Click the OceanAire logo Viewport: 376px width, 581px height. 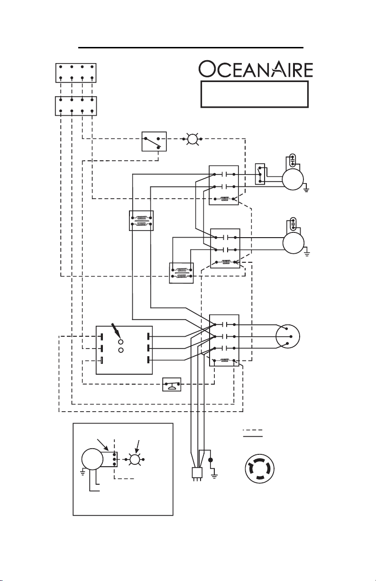click(256, 69)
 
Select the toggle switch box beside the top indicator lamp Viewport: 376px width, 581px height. click(154, 141)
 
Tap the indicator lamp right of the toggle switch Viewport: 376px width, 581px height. click(193, 139)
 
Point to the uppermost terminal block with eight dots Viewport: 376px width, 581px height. click(76, 73)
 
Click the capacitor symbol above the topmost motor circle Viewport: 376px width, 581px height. click(293, 160)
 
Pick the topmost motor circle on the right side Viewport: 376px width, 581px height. click(293, 179)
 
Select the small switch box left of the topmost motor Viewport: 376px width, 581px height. click(260, 174)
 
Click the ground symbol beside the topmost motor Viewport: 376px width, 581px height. click(306, 190)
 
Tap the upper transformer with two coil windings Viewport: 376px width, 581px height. click(141, 221)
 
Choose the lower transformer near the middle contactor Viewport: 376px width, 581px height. click(181, 273)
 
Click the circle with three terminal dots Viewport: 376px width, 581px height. click(288, 336)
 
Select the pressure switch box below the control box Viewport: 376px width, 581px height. click(172, 384)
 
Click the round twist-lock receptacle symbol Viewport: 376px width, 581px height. click(259, 469)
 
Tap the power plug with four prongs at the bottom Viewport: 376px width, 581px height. click(197, 474)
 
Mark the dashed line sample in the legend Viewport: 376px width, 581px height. click(253, 430)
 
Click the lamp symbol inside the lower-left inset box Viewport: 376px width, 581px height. click(134, 460)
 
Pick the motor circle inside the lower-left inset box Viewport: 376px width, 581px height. click(92, 459)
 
